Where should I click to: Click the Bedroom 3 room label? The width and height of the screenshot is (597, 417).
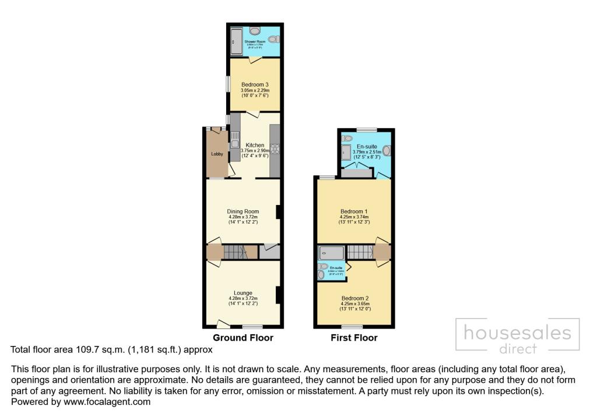tap(255, 84)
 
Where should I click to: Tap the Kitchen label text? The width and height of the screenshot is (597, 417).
tap(255, 145)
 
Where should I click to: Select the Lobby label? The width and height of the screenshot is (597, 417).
tap(216, 154)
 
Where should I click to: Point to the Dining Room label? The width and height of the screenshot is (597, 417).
tap(243, 211)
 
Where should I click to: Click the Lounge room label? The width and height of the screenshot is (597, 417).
tap(243, 293)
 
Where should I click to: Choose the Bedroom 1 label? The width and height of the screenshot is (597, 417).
tap(354, 211)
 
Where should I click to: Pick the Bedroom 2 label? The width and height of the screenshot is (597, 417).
tap(354, 298)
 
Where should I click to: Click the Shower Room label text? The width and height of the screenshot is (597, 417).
tap(254, 42)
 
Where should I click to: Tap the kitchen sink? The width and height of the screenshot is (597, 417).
tap(234, 140)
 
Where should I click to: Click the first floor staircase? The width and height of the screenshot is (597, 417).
tap(360, 252)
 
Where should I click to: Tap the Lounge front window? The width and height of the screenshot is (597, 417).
tap(253, 326)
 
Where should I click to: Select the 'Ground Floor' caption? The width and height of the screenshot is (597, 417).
tap(243, 338)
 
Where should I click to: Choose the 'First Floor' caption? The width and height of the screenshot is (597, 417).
tap(354, 338)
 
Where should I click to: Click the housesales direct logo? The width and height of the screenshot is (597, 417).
tap(517, 338)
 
